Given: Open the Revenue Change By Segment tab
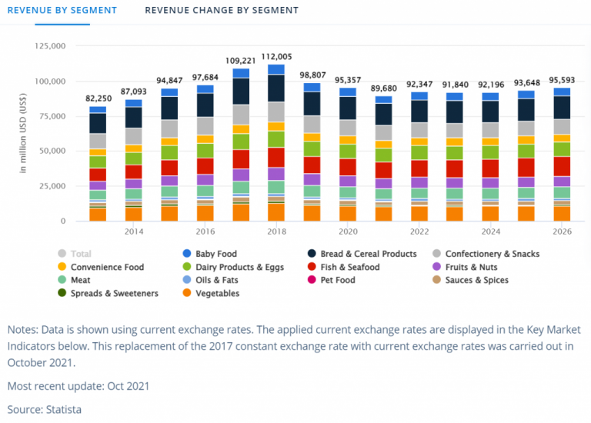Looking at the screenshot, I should [222, 10].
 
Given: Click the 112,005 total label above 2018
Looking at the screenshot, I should [275, 56].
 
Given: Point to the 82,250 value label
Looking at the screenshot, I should [98, 99].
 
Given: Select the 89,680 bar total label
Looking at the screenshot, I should [383, 88].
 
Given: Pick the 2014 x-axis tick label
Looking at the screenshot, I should [133, 231].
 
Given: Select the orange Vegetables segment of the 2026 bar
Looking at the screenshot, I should [562, 213].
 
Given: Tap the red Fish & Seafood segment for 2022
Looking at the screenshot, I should [419, 168].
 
